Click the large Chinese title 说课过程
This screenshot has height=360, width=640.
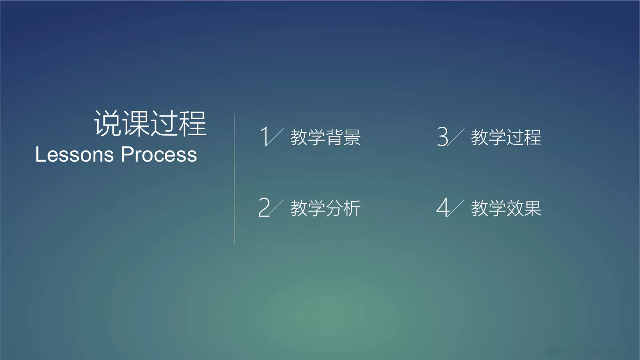click(150, 124)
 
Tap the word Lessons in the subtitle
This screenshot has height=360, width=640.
click(74, 155)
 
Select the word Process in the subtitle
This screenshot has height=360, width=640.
click(159, 155)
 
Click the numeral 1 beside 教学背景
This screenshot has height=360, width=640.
click(264, 136)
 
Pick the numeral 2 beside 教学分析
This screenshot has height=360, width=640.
click(264, 207)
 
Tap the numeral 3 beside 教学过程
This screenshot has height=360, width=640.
click(442, 136)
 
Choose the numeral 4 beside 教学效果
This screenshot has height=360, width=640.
click(442, 207)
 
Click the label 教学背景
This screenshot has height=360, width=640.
click(325, 137)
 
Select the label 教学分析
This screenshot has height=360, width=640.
click(325, 208)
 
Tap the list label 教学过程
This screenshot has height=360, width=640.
click(506, 137)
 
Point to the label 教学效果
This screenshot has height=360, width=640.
click(506, 208)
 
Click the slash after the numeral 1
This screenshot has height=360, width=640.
click(276, 137)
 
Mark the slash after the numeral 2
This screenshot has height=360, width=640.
click(276, 208)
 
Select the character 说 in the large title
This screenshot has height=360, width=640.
click(108, 124)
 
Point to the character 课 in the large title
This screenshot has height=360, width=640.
click(136, 124)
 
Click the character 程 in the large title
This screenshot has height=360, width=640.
click(193, 124)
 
